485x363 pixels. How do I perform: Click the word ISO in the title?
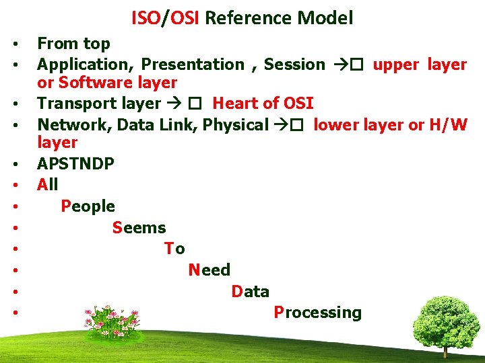click(144, 18)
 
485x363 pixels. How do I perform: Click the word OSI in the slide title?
click(182, 18)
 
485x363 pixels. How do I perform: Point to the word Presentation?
click(193, 65)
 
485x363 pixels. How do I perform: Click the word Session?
click(294, 65)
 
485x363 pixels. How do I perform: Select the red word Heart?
click(233, 104)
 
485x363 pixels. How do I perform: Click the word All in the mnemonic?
click(48, 184)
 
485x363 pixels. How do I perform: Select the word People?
click(88, 206)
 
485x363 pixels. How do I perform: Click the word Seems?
click(139, 228)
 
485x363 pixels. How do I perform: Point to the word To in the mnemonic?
click(174, 249)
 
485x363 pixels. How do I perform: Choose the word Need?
click(209, 270)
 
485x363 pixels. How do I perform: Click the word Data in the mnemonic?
click(250, 292)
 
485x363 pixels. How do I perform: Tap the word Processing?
click(317, 313)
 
